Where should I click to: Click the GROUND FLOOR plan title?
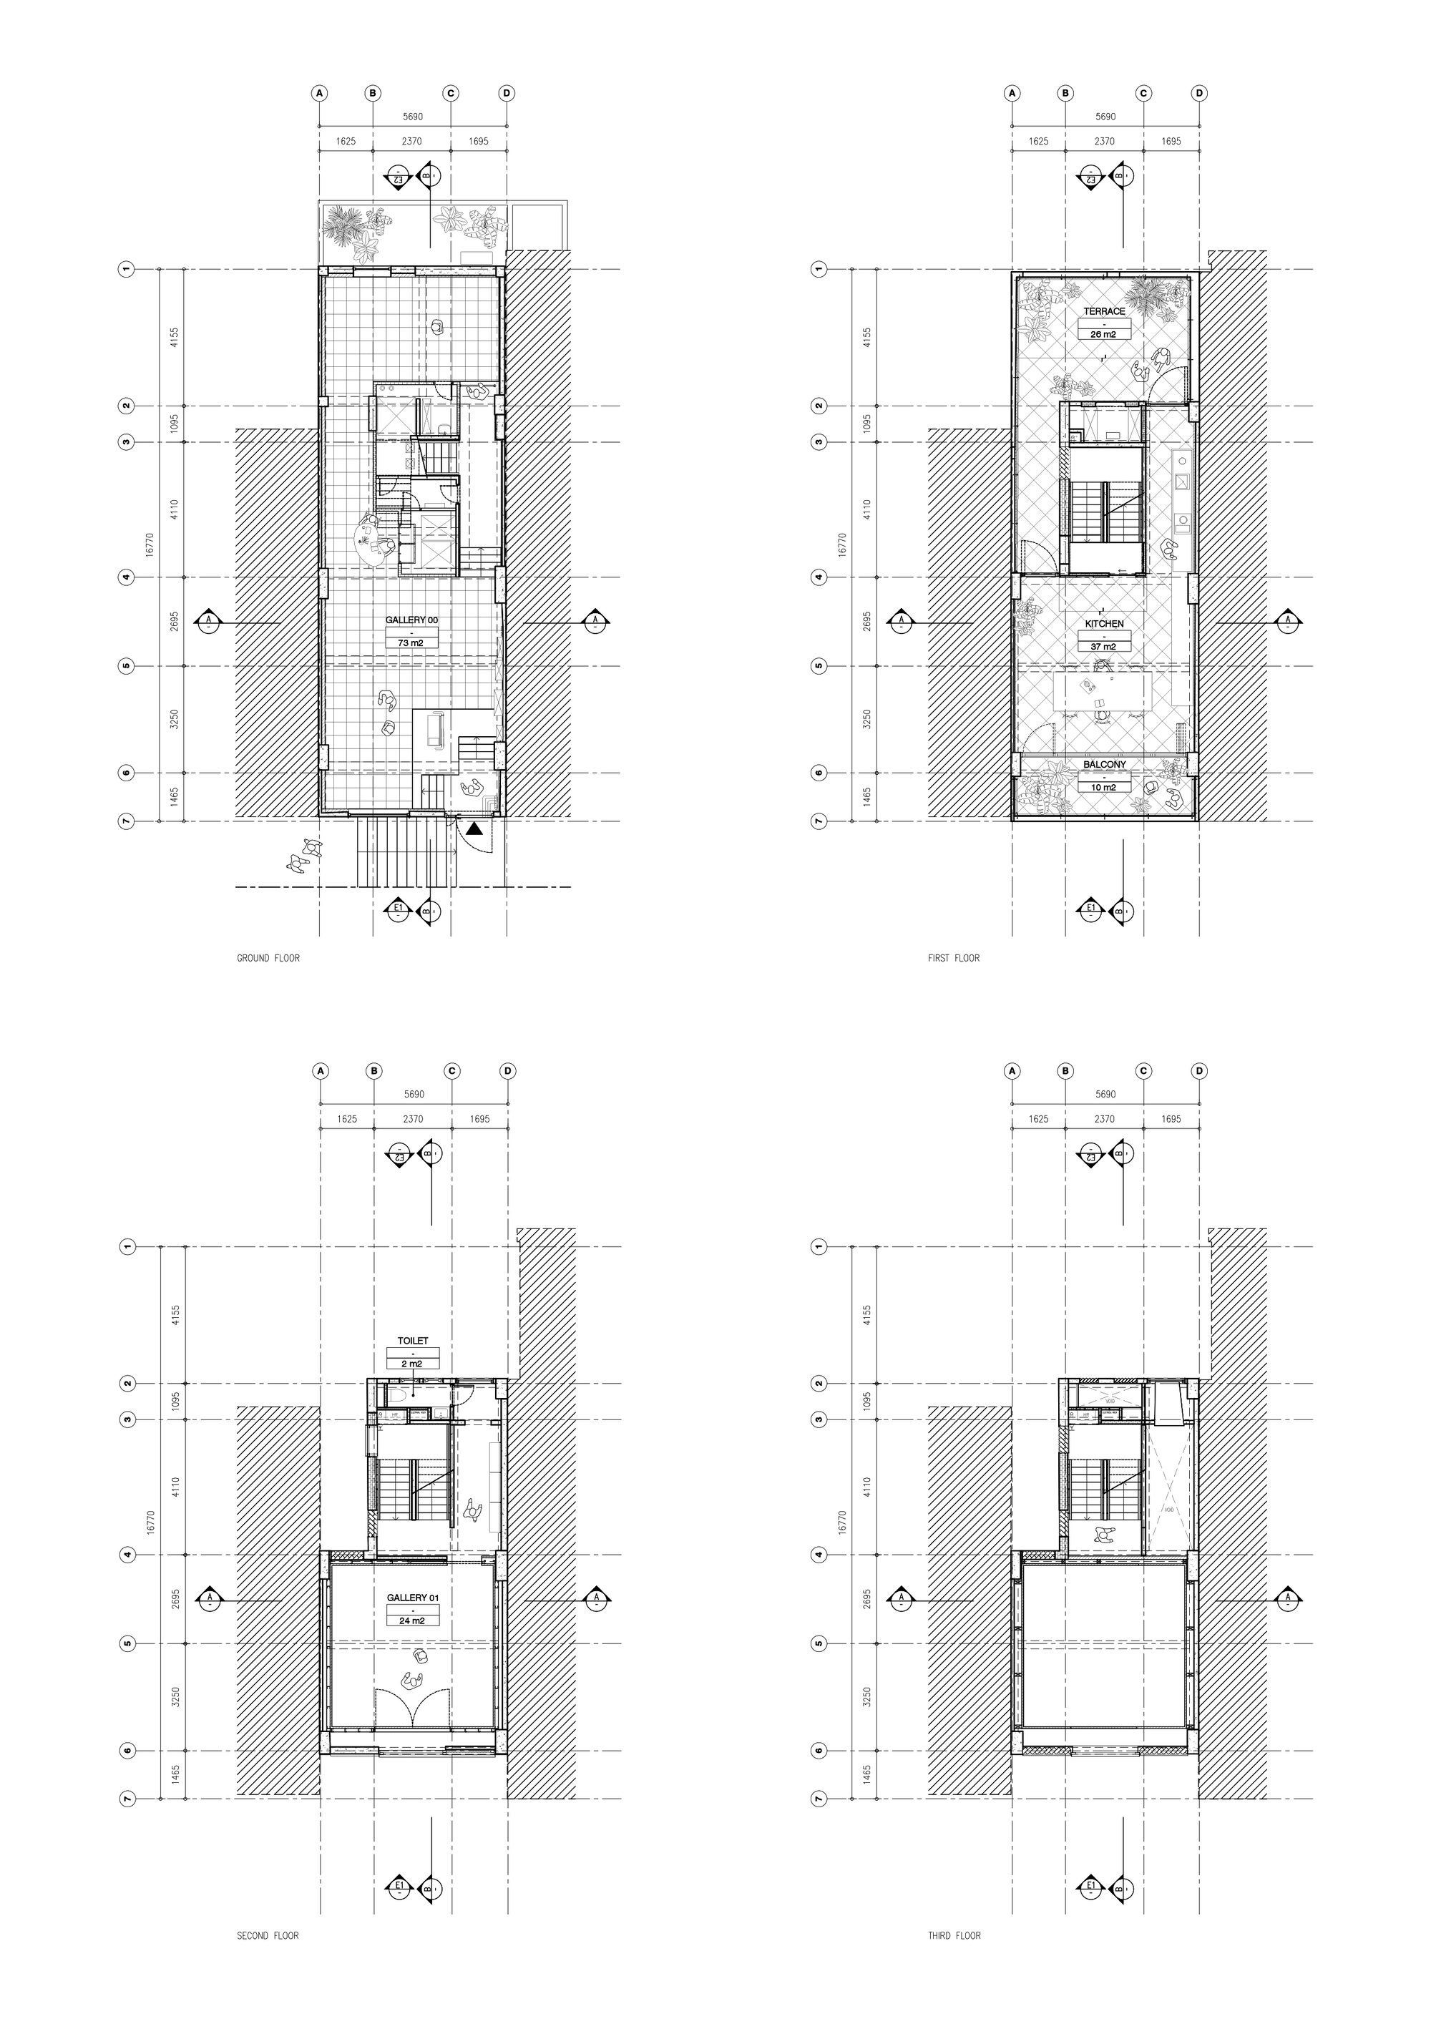pyautogui.click(x=268, y=958)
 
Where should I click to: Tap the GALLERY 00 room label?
pyautogui.click(x=411, y=620)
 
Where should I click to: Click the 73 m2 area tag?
pyautogui.click(x=411, y=643)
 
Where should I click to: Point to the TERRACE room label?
pyautogui.click(x=1104, y=312)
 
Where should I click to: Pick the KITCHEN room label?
pyautogui.click(x=1104, y=624)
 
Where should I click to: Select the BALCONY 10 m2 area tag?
pyautogui.click(x=1104, y=787)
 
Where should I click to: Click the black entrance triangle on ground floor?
pyautogui.click(x=474, y=828)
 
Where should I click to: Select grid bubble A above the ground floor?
pyautogui.click(x=320, y=92)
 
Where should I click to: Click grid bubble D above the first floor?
pyautogui.click(x=1199, y=92)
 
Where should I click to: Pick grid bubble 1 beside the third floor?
pyautogui.click(x=819, y=1246)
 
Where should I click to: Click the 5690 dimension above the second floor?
pyautogui.click(x=414, y=1095)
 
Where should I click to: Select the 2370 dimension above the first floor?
pyautogui.click(x=1104, y=141)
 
